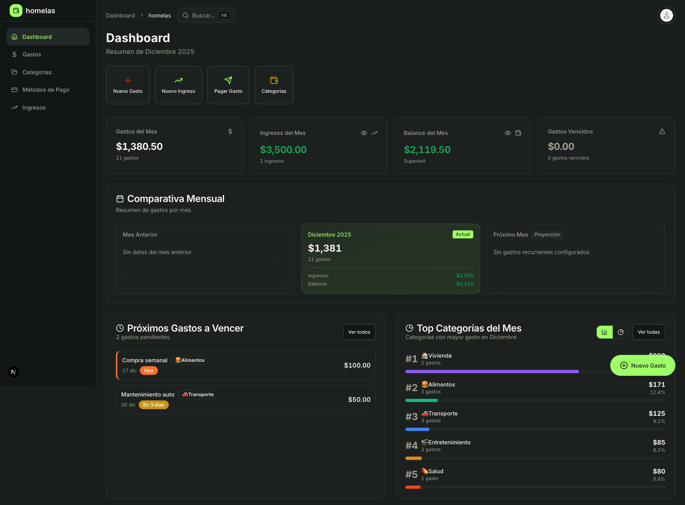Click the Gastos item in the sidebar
click(x=32, y=55)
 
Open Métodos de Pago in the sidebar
click(x=46, y=90)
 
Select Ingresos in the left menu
click(x=34, y=108)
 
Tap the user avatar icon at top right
click(x=666, y=15)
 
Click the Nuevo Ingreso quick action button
click(x=178, y=85)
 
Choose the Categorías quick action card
click(x=274, y=85)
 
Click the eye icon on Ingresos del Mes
click(x=364, y=133)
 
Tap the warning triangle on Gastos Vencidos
click(x=662, y=132)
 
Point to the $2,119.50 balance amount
click(x=427, y=150)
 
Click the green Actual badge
click(x=463, y=234)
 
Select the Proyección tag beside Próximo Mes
click(x=547, y=235)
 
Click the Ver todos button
click(x=359, y=332)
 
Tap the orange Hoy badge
click(x=149, y=371)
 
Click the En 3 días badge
click(x=153, y=405)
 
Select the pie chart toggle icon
click(x=621, y=332)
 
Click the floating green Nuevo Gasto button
click(x=643, y=365)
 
